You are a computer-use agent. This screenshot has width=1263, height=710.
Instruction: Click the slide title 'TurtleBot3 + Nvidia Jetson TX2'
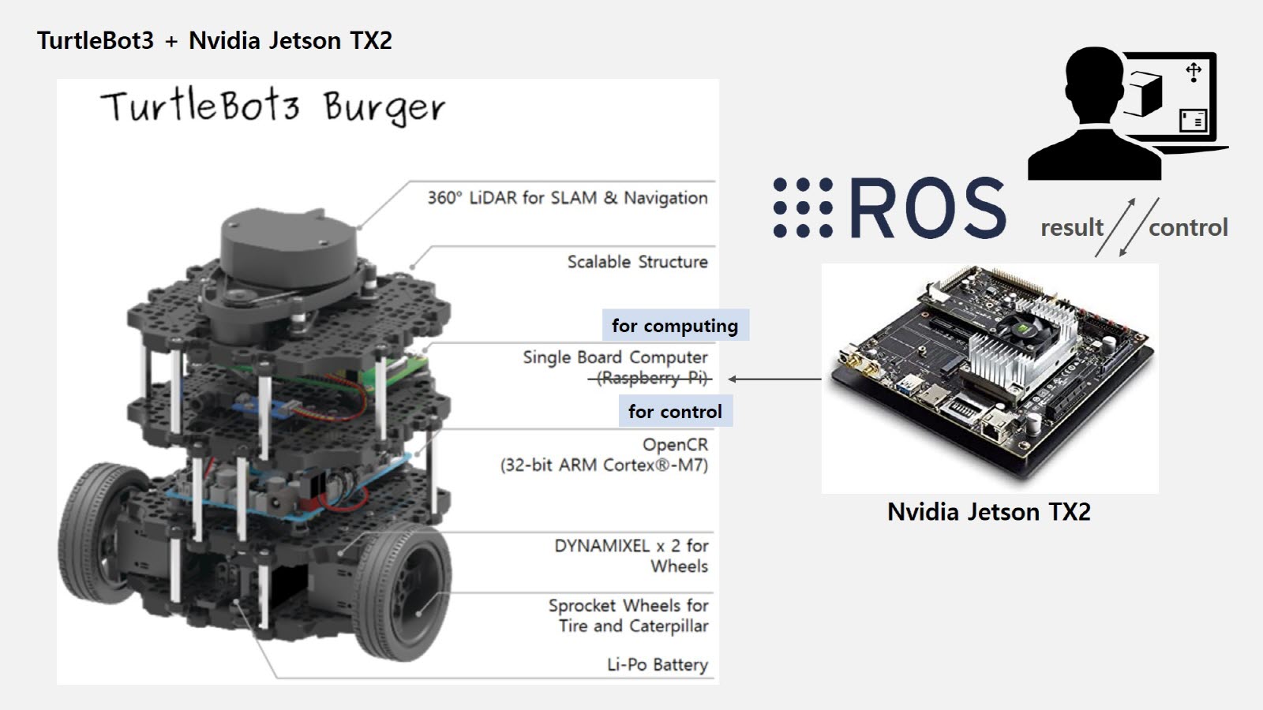(x=214, y=40)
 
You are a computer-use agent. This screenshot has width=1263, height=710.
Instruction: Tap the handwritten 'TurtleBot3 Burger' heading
(x=272, y=107)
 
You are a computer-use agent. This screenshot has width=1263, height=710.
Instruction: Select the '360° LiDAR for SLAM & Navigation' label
(x=567, y=198)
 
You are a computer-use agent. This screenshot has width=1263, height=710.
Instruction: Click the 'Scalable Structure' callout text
(x=637, y=262)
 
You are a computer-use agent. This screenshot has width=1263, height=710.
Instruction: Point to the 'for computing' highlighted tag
(x=675, y=326)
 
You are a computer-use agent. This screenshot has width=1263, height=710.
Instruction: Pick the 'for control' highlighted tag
(x=675, y=412)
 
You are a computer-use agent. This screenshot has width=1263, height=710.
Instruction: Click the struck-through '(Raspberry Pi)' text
(x=651, y=379)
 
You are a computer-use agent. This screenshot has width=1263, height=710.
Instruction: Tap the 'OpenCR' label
(x=675, y=445)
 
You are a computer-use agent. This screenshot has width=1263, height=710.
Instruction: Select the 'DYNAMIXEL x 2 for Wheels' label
(x=631, y=555)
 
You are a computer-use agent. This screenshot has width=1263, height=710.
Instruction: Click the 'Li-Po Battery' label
(x=657, y=665)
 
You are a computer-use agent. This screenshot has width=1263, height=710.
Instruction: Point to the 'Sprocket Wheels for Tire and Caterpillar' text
(x=629, y=616)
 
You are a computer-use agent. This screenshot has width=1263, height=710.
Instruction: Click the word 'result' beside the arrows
(x=1071, y=228)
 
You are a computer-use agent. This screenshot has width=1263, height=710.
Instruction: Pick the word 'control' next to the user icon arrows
(x=1188, y=228)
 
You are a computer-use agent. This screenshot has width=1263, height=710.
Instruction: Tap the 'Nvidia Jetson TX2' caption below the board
(x=988, y=512)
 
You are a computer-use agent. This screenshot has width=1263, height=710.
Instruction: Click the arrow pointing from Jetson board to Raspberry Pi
(x=774, y=379)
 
